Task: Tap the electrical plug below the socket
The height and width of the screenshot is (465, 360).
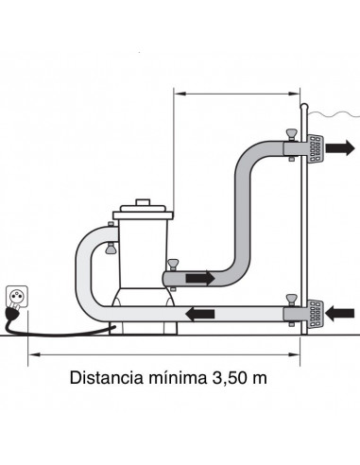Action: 12,310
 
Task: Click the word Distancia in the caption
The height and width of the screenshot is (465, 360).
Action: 107,377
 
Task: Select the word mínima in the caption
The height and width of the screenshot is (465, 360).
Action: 178,377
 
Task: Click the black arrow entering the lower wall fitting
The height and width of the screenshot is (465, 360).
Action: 339,314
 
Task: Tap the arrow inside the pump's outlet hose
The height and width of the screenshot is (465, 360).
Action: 200,279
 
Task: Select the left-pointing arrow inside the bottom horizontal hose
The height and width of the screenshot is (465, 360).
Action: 200,315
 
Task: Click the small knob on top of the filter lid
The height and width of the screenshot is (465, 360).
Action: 143,202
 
